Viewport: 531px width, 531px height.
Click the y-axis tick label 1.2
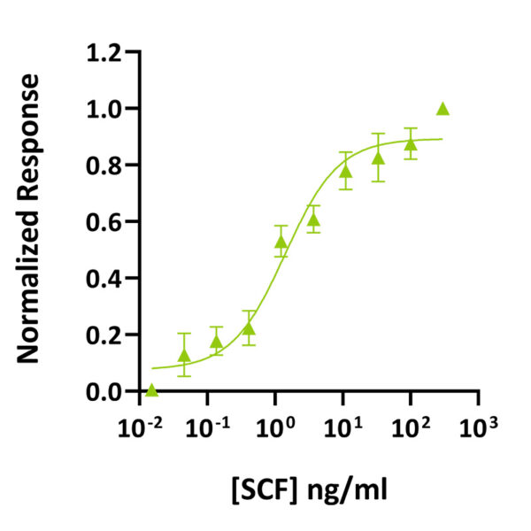point(105,52)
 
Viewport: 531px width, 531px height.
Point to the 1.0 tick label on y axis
point(105,109)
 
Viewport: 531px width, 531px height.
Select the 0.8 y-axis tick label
point(105,165)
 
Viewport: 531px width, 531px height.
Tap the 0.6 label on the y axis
point(105,222)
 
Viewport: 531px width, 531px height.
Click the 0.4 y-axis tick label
point(105,279)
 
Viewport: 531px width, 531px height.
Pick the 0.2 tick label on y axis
point(105,335)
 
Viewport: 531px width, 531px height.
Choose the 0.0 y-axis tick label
point(105,391)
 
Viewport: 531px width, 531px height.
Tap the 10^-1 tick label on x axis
point(209,428)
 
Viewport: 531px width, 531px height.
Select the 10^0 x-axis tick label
point(276,428)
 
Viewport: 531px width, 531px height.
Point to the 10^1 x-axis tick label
point(343,428)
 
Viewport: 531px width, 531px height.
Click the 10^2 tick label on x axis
point(411,428)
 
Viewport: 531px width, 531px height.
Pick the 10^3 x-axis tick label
point(478,428)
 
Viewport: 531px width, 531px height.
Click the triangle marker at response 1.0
point(442,109)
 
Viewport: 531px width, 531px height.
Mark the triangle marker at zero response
point(151,389)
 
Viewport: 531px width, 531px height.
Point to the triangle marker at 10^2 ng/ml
point(411,143)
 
